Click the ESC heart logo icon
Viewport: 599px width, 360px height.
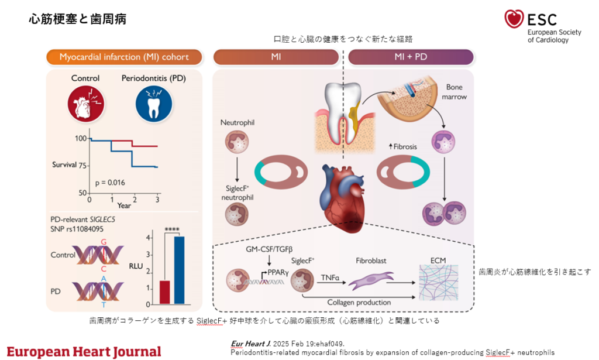pos(514,19)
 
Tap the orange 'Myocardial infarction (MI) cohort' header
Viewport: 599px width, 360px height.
pos(124,57)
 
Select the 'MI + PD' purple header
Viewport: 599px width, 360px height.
pos(410,57)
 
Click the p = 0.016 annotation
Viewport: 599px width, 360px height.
pos(110,183)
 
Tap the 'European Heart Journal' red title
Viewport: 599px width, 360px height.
pos(84,351)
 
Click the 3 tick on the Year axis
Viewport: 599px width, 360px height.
pos(157,199)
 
